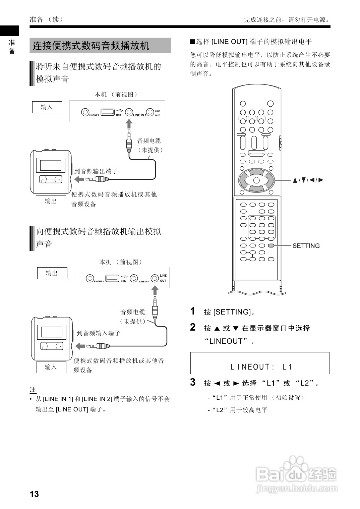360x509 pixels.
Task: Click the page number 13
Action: coord(34,494)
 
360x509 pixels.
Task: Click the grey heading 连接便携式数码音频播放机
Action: coord(91,46)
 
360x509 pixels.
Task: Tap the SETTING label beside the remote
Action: coord(306,246)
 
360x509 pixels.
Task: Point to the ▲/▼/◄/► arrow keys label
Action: coord(308,180)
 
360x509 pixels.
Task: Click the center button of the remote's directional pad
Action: coord(256,180)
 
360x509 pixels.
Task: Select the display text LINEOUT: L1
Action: coord(261,367)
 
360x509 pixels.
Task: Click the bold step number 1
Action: coord(193,311)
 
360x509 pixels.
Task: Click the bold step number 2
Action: coord(193,327)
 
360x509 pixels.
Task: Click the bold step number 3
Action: coord(193,382)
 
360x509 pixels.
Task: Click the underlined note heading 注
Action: coord(33,390)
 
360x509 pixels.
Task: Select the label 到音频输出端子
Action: coord(96,171)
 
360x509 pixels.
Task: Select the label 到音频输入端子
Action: coord(99,333)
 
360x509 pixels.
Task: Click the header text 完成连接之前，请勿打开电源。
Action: coord(287,20)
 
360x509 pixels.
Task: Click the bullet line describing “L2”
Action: coord(238,410)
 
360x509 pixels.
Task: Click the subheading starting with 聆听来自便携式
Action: coord(99,73)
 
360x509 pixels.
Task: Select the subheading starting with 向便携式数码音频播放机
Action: coord(99,238)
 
